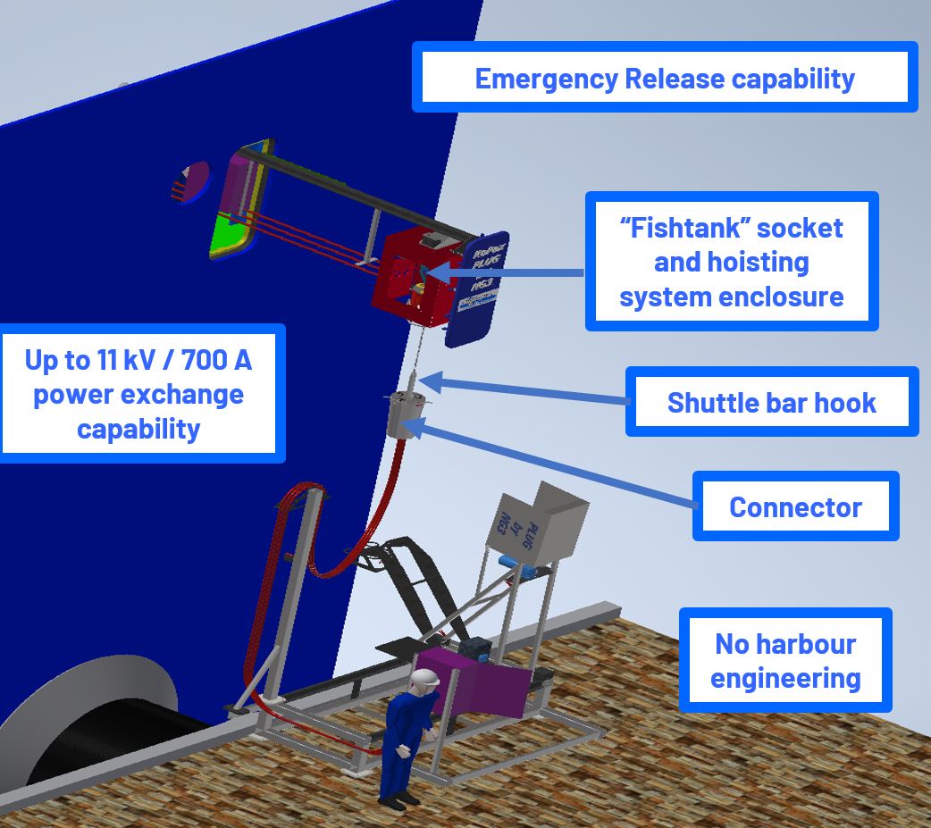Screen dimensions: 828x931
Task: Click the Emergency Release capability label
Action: pos(665,78)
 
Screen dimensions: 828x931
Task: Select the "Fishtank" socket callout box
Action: pos(731,262)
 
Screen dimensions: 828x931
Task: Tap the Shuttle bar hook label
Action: pos(771,402)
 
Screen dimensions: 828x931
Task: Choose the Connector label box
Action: pos(795,506)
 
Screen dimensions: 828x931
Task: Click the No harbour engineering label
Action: pos(785,660)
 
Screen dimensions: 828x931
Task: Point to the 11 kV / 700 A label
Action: pos(138,394)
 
